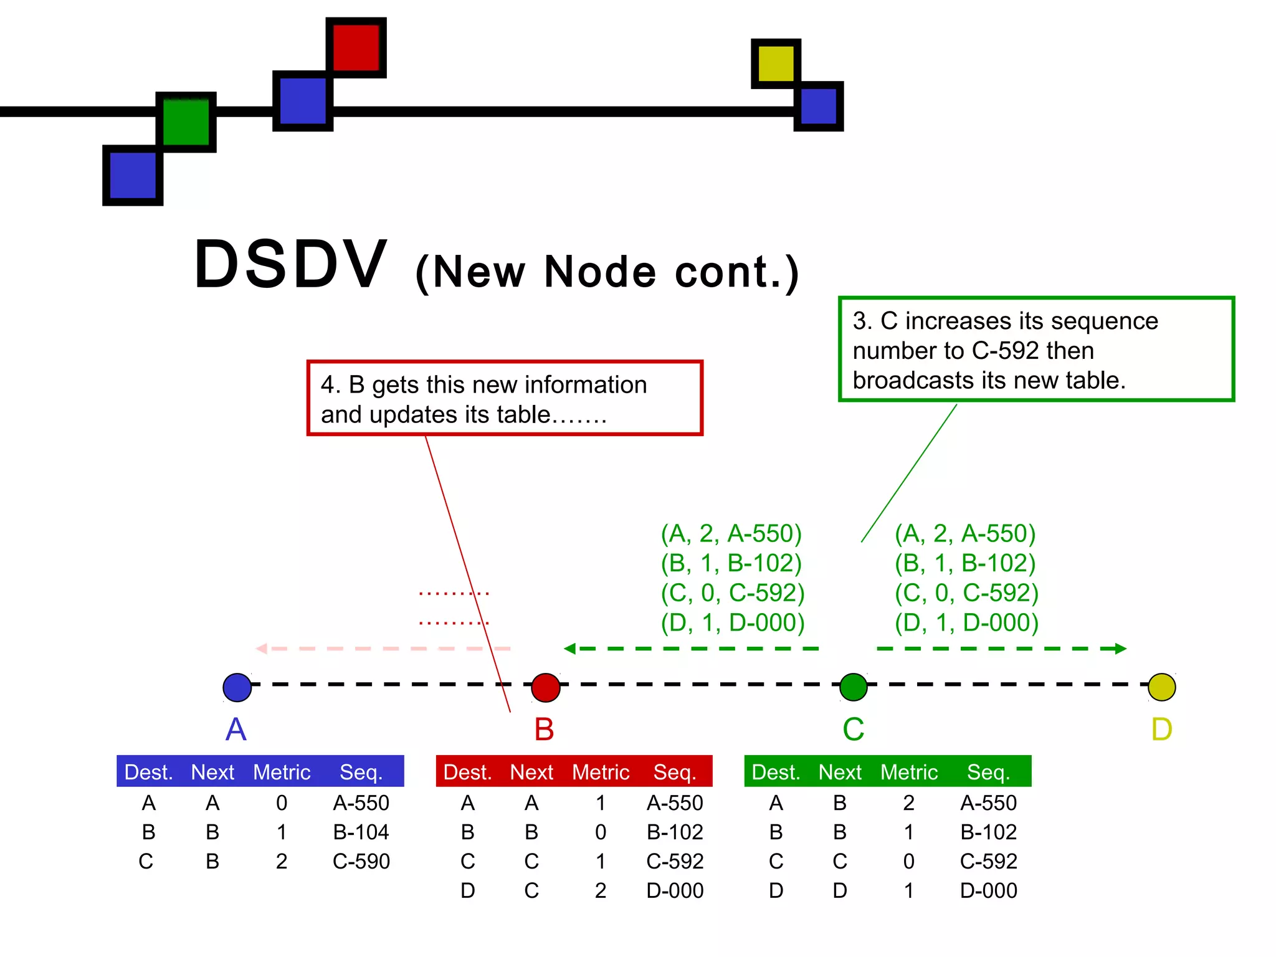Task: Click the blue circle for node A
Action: click(x=237, y=687)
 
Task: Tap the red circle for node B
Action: click(x=546, y=687)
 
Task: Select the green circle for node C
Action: click(x=854, y=687)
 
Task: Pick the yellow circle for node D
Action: click(x=1162, y=687)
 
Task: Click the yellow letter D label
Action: click(x=1162, y=729)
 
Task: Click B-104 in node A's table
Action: click(x=361, y=832)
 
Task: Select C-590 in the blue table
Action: click(x=361, y=861)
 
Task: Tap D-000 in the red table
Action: click(x=675, y=890)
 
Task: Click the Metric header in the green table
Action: click(x=908, y=772)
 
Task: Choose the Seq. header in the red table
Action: click(x=675, y=772)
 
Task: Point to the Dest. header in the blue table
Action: click(x=148, y=772)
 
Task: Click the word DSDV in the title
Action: click(x=291, y=265)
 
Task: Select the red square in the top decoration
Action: click(x=356, y=47)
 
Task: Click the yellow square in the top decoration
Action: click(x=776, y=63)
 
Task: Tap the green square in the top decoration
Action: click(x=186, y=121)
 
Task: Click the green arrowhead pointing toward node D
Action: click(x=1121, y=649)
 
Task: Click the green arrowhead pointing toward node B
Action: click(x=569, y=649)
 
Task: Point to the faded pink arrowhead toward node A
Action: click(x=262, y=649)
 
